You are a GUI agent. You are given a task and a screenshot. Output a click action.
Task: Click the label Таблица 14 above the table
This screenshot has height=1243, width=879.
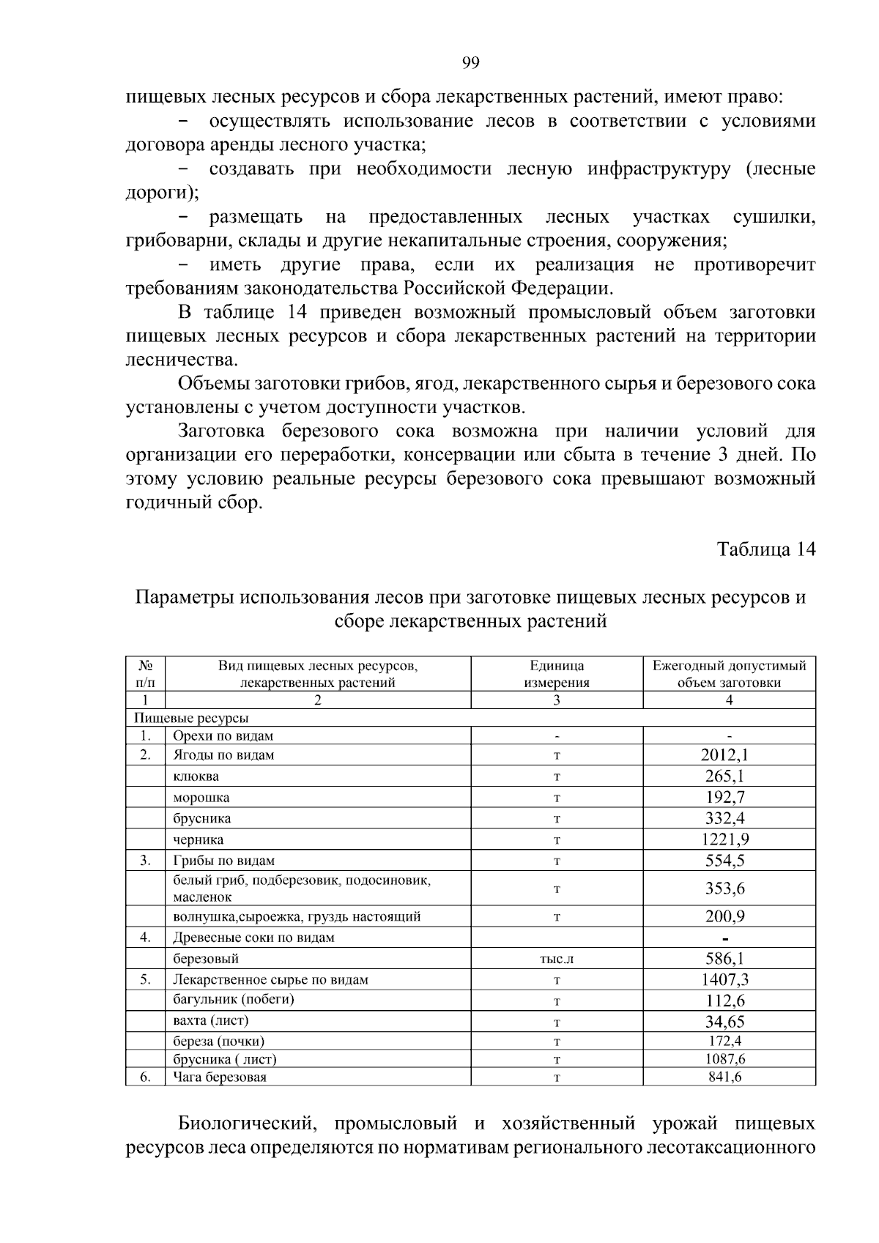tap(765, 549)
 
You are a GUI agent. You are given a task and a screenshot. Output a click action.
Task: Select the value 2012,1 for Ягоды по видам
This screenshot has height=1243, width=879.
tap(724, 755)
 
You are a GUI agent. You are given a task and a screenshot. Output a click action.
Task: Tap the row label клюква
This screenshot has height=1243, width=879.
tap(196, 776)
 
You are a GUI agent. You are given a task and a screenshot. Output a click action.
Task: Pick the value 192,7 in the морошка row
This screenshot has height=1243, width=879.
tap(724, 798)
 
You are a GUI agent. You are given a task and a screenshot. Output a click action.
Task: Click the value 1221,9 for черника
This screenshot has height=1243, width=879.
tap(724, 839)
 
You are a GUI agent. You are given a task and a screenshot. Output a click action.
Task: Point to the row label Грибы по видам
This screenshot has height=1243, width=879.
tap(223, 861)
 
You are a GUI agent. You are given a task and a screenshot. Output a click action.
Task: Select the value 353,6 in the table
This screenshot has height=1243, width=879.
tap(724, 888)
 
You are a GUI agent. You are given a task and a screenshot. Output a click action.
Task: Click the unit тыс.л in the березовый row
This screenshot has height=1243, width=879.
tap(556, 959)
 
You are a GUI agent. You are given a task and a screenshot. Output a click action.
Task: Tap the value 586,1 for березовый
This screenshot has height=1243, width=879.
tap(724, 958)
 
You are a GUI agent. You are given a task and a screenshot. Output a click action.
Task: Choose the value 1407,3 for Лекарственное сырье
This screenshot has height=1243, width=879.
tap(724, 979)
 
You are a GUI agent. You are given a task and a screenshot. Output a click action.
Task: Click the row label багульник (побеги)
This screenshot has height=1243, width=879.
tap(233, 1000)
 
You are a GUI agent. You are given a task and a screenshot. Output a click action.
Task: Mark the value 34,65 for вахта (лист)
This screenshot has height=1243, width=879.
tap(724, 1021)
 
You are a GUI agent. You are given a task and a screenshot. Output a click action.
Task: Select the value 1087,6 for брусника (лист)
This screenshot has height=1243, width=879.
tap(724, 1059)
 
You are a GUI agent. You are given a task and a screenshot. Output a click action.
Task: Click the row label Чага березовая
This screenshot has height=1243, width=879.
tap(220, 1077)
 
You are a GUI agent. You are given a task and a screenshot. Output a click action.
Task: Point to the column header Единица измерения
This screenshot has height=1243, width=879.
tap(556, 675)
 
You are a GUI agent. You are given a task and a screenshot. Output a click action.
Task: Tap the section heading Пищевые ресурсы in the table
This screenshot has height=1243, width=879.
tap(191, 718)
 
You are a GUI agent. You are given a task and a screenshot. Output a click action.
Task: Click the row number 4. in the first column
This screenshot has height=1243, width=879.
tap(145, 938)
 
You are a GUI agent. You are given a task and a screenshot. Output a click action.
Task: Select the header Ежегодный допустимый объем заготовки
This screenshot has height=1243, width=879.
tap(729, 675)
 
